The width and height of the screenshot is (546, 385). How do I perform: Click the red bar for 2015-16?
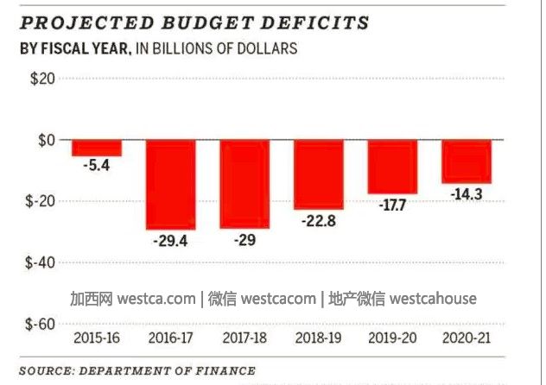coord(96,148)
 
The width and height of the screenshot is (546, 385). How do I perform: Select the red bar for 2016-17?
coord(170,184)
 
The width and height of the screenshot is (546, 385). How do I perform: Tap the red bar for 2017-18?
coord(244,183)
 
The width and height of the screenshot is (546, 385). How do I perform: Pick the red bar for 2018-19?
coord(319,174)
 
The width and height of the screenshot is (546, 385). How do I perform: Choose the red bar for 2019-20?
coord(392,167)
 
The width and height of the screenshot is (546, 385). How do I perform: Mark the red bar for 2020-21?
coord(467,161)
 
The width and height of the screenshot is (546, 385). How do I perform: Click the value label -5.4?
coord(96,166)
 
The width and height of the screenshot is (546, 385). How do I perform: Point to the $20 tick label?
coord(41,79)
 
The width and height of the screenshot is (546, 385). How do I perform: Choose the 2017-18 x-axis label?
coord(244,337)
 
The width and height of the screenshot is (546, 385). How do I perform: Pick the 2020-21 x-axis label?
coord(467,337)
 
